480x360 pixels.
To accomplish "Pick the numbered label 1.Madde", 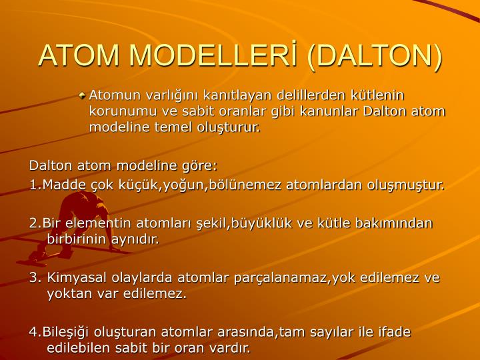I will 52,184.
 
